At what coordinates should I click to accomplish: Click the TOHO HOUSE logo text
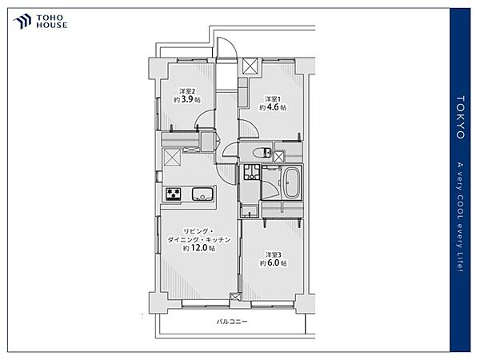pos(52,22)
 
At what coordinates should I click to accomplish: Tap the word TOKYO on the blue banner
pos(461,118)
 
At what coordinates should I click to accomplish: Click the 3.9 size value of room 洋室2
pos(187,99)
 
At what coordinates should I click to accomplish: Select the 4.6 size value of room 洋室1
pos(273,107)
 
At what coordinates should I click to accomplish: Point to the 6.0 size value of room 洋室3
pos(273,262)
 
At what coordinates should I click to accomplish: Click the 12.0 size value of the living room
pos(199,248)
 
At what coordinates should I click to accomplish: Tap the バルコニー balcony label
pos(232,322)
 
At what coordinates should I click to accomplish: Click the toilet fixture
pos(262,152)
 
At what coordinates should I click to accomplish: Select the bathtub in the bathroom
pos(292,183)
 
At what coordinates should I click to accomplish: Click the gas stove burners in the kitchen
pos(174,194)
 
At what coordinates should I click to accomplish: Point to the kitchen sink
pos(202,194)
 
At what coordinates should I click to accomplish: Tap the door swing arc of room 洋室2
pos(203,118)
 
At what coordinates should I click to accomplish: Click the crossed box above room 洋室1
pos(250,66)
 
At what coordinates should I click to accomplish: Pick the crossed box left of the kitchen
pos(172,158)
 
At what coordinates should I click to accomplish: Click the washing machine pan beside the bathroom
pos(252,172)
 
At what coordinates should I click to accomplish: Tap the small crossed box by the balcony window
pos(234,297)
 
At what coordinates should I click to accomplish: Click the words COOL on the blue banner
pos(460,209)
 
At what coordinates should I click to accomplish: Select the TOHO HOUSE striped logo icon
pos(22,22)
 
